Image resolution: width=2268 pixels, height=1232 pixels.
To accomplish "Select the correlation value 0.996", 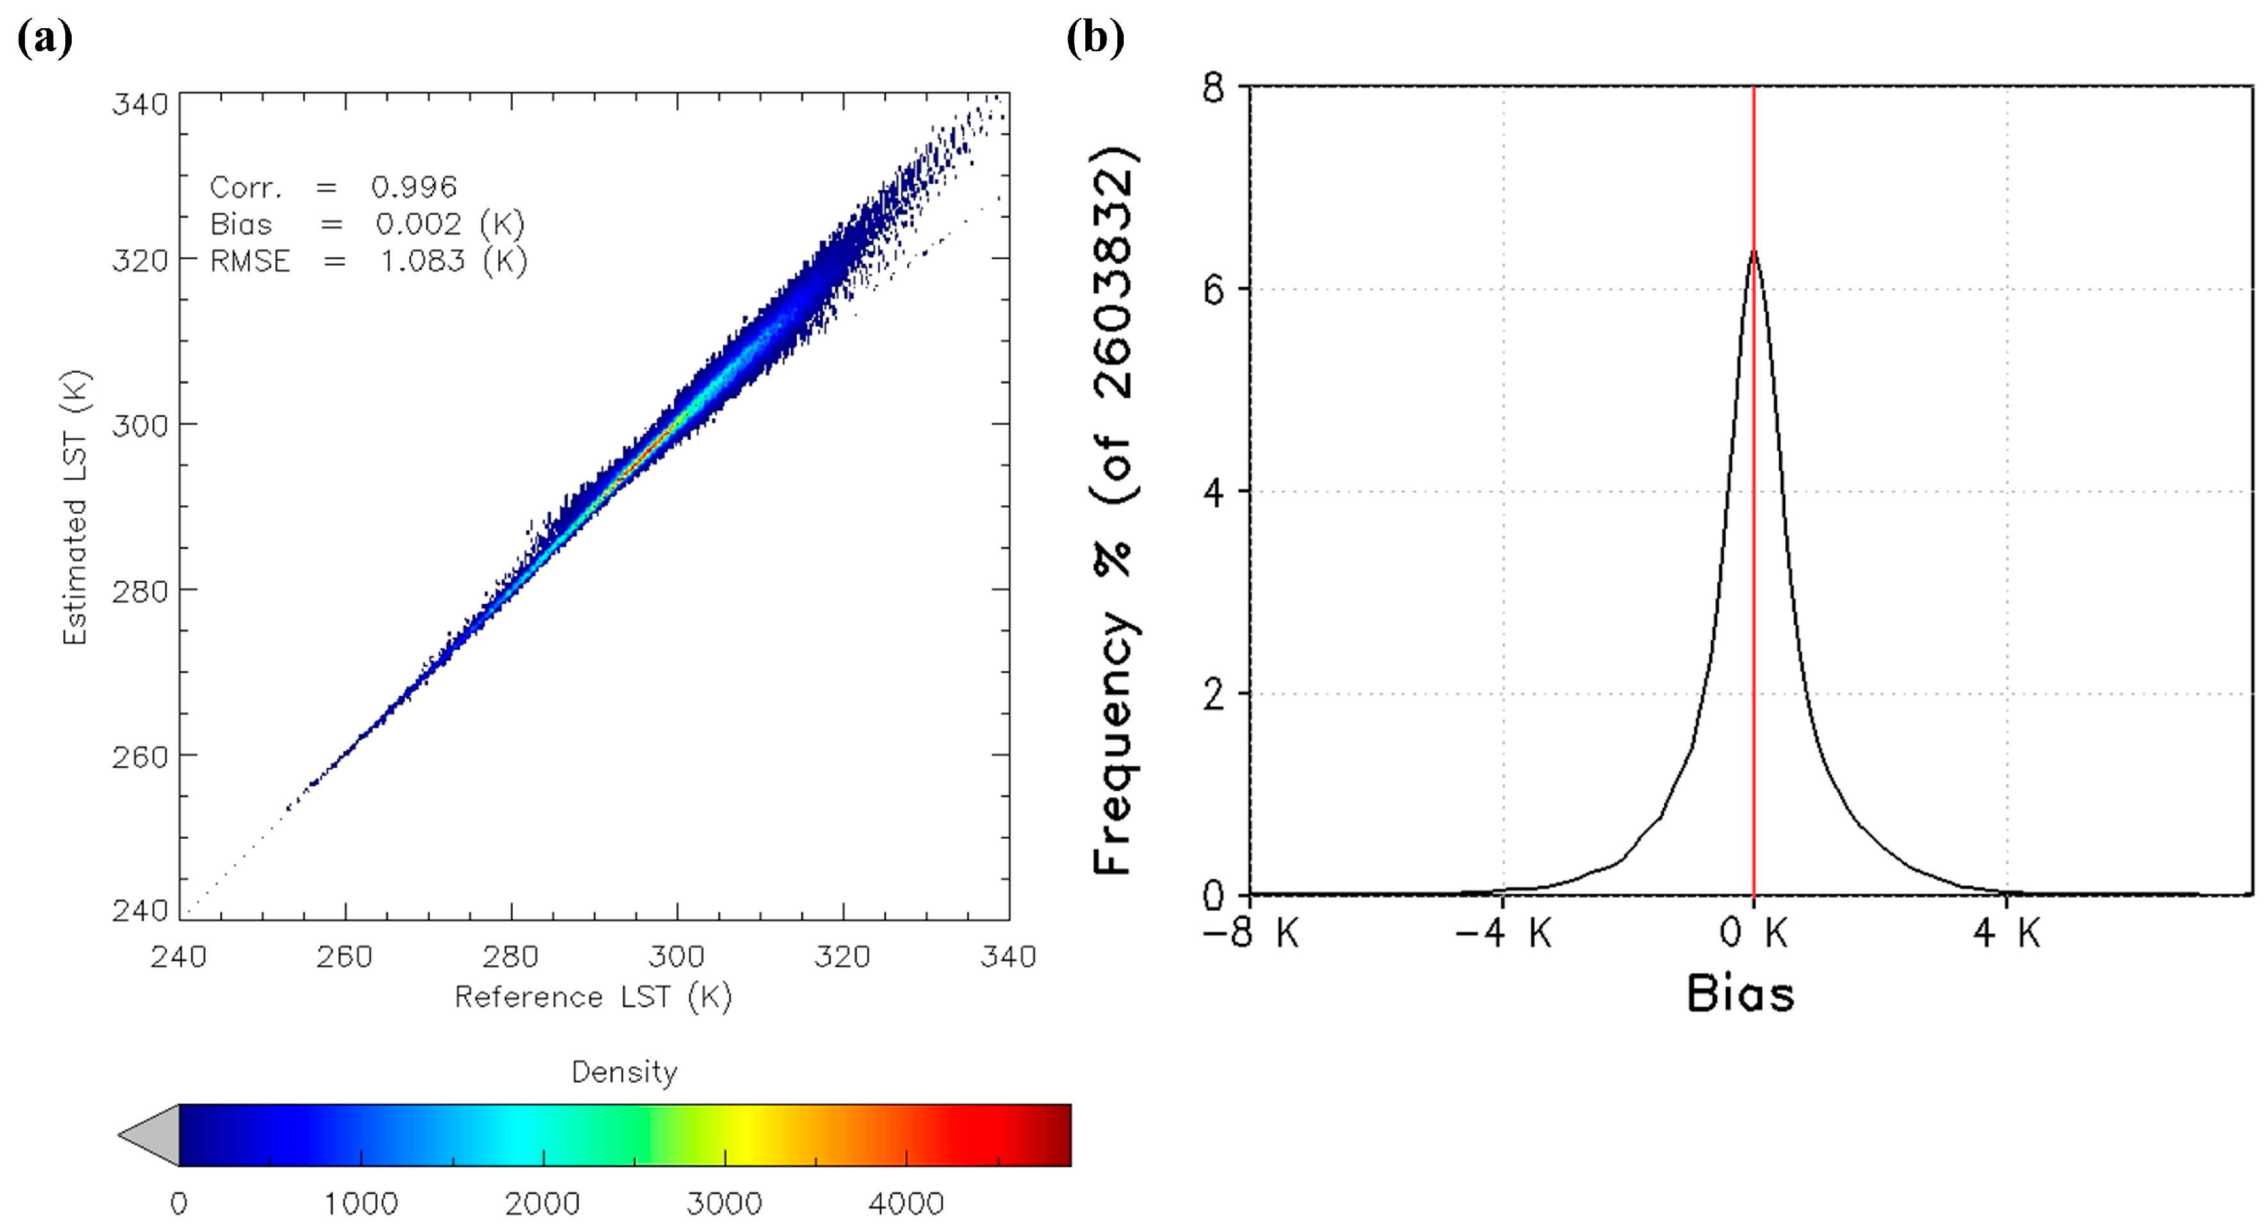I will point(413,187).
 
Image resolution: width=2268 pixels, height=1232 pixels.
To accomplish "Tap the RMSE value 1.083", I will point(422,261).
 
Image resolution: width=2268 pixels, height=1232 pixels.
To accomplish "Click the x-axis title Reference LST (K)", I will point(592,997).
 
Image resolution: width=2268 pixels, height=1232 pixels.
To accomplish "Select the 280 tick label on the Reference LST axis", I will point(511,957).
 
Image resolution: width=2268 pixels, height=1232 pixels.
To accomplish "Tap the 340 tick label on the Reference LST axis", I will point(1008,957).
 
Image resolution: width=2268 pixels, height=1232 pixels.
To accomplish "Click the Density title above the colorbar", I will point(624,1072).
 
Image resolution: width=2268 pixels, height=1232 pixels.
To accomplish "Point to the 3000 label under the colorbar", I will point(724,1203).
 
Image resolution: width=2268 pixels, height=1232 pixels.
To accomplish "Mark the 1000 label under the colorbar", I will point(361,1203).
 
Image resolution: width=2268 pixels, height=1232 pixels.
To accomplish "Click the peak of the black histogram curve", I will point(1754,252).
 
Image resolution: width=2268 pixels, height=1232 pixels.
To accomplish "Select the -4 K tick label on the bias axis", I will point(1503,932).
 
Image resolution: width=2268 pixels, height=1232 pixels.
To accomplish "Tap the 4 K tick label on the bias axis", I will point(2007,932).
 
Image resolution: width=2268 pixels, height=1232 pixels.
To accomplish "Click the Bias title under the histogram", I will point(1740,995).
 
